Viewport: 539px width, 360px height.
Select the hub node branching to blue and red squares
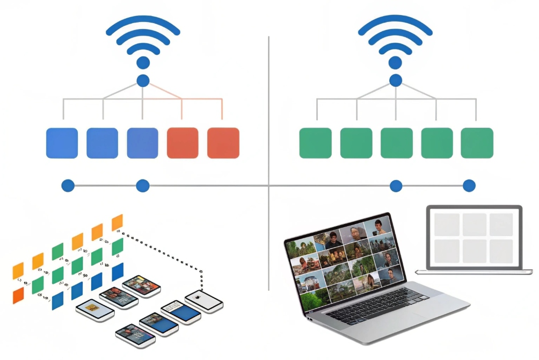(x=143, y=81)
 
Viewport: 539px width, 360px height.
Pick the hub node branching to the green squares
(x=396, y=81)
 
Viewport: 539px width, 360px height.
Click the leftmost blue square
(x=62, y=143)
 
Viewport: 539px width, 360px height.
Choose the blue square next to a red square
(x=142, y=143)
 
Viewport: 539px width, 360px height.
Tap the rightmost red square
(x=223, y=143)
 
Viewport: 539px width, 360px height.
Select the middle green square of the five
(x=396, y=143)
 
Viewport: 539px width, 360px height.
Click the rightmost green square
(x=477, y=143)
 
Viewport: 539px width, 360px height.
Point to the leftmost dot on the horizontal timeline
(x=68, y=186)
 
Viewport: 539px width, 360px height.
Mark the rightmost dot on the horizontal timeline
(x=469, y=186)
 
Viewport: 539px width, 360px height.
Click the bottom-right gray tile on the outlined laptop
(x=501, y=250)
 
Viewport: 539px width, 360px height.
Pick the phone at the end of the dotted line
(x=203, y=301)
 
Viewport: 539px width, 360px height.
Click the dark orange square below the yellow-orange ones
(x=19, y=295)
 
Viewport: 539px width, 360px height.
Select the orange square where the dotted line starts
(x=117, y=222)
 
